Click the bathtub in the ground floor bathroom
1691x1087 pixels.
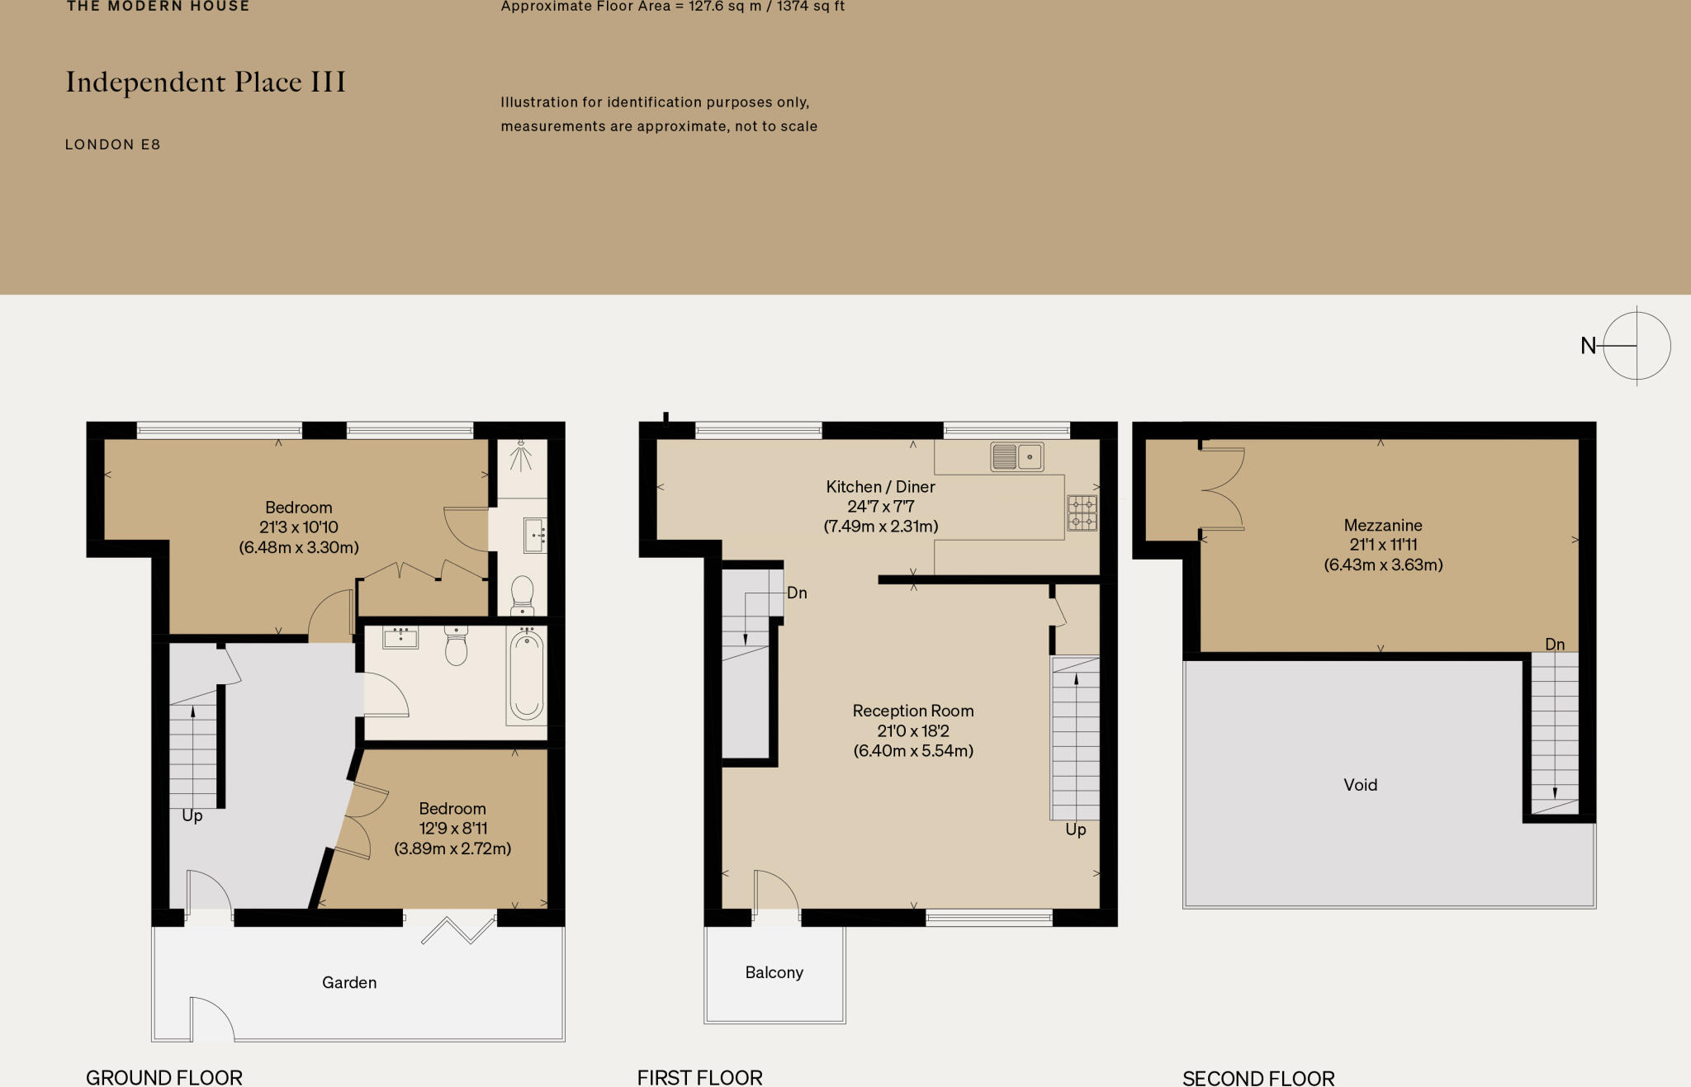(527, 675)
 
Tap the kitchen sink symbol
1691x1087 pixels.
(1016, 456)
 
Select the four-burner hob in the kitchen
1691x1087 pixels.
(1082, 513)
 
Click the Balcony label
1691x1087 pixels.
(774, 972)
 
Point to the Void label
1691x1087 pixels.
(1360, 785)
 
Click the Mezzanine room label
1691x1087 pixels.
(1383, 526)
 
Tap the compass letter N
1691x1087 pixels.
(1588, 346)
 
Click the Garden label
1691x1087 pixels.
(349, 982)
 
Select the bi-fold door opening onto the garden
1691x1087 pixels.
(457, 929)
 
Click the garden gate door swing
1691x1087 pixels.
(211, 1018)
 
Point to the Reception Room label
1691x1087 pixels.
(913, 711)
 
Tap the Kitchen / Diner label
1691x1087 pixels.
(880, 487)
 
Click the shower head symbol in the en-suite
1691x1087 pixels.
(521, 453)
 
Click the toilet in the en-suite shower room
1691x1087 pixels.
(523, 594)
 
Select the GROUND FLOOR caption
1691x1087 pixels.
(164, 1077)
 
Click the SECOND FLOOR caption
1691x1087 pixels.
(1258, 1078)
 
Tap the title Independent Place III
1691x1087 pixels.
(206, 83)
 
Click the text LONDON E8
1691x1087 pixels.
(113, 144)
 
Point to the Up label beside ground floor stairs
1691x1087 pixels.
(192, 815)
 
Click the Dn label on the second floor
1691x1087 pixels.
(1555, 644)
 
